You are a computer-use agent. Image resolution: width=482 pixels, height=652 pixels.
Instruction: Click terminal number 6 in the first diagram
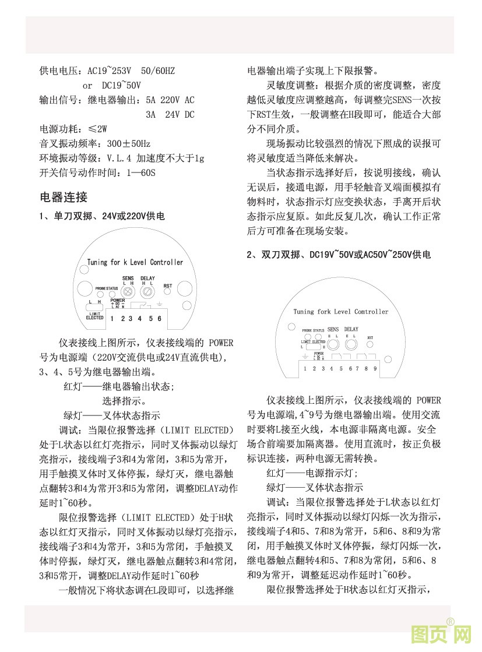click(x=159, y=318)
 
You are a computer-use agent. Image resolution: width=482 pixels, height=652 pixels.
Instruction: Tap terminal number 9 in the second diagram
click(x=375, y=368)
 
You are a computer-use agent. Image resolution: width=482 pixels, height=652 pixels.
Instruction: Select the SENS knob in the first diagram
click(x=129, y=290)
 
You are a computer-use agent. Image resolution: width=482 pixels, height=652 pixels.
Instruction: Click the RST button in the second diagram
click(x=370, y=344)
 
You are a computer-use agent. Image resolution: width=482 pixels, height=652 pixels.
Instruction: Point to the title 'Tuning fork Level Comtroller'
click(x=341, y=312)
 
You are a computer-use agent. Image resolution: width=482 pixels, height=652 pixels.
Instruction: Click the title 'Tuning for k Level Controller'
click(x=135, y=262)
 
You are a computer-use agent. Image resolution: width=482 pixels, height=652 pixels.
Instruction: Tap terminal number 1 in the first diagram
click(x=112, y=318)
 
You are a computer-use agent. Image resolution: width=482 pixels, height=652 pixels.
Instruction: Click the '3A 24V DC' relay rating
click(x=170, y=114)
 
